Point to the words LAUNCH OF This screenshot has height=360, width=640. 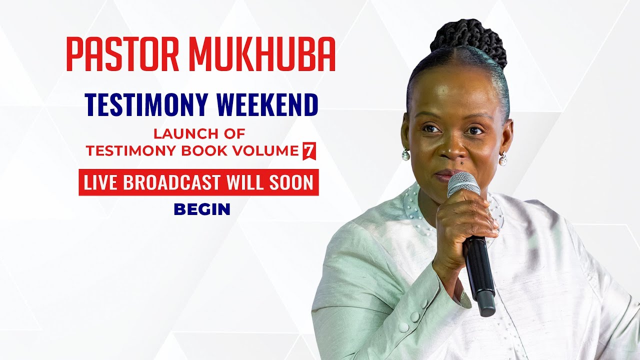[199, 134]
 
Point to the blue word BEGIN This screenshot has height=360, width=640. [202, 209]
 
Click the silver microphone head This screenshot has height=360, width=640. [462, 183]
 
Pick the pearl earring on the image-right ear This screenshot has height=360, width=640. [502, 159]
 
